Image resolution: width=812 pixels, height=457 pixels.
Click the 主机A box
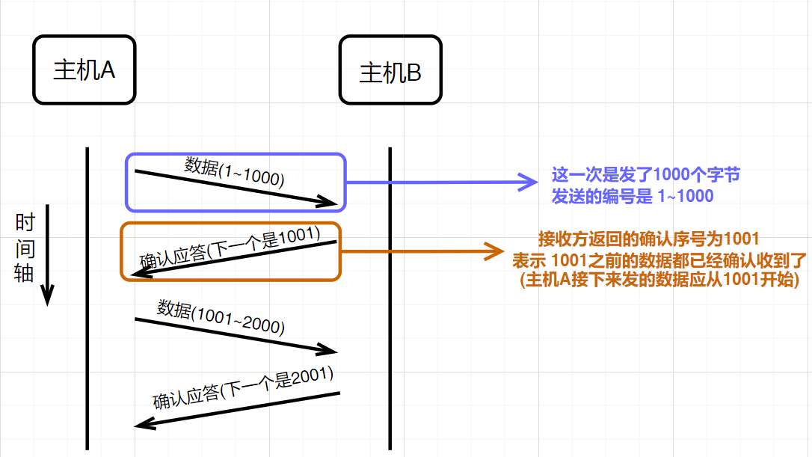pos(84,70)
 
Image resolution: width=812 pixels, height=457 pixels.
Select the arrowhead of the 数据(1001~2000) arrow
pos(329,349)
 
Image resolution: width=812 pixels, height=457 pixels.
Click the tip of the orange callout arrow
pos(502,251)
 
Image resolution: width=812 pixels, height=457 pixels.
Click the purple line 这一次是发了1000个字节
pos(646,176)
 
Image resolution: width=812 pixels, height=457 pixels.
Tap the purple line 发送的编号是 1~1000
pos(633,196)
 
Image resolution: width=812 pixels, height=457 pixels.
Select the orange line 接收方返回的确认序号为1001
pos(649,239)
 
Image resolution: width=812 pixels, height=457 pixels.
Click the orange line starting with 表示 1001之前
pos(658,260)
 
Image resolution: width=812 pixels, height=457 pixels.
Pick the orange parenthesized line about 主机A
pos(659,280)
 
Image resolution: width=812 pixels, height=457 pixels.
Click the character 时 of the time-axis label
pos(25,223)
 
